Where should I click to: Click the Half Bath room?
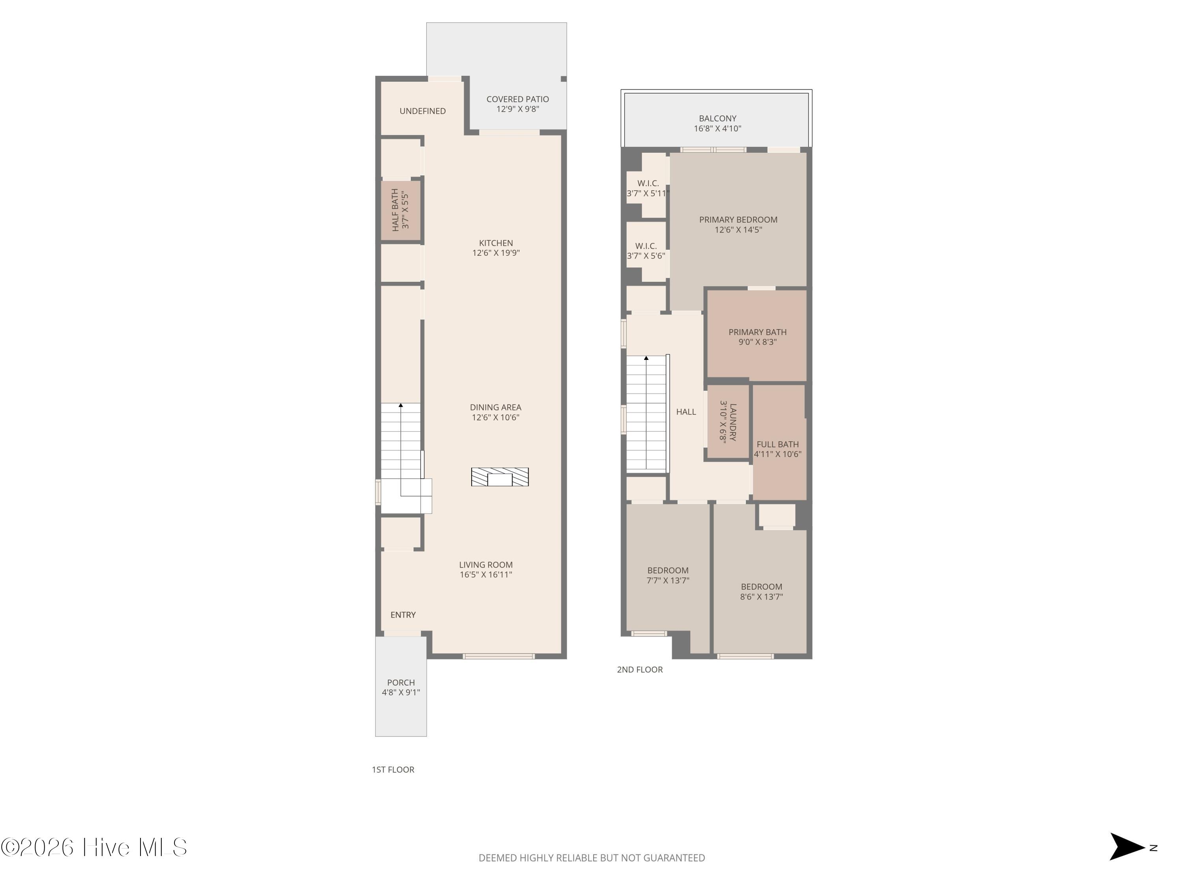tap(400, 210)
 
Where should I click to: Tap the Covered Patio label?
tap(517, 99)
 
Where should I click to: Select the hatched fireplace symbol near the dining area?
tap(500, 477)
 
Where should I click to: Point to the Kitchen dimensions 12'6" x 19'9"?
tap(496, 253)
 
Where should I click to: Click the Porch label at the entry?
tap(401, 682)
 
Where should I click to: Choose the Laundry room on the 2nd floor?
tap(728, 422)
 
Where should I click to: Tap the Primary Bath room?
tap(757, 335)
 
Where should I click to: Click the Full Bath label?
tap(778, 444)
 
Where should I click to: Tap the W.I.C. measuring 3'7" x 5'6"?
tap(646, 251)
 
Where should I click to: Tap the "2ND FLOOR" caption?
tap(640, 670)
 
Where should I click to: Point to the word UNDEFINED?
tap(422, 111)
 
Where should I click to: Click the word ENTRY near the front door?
tap(403, 615)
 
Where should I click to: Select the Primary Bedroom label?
tap(738, 219)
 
